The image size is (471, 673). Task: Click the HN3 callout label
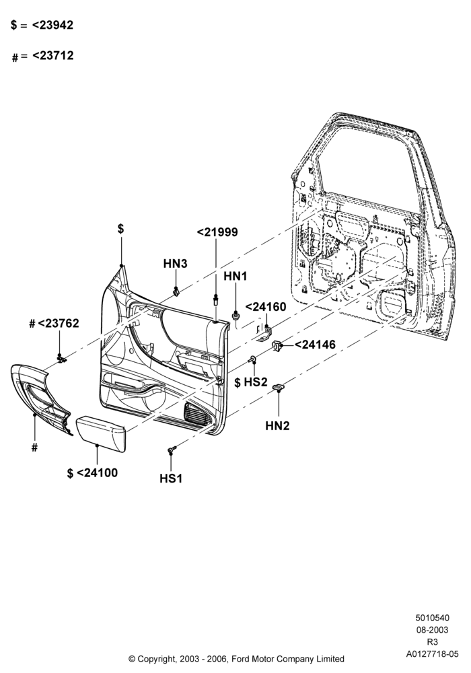pyautogui.click(x=175, y=264)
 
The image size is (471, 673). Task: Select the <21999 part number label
pyautogui.click(x=217, y=232)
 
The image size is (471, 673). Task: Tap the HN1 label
pyautogui.click(x=235, y=277)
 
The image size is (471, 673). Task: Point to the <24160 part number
pyautogui.click(x=266, y=307)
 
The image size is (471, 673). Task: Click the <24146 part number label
pyautogui.click(x=316, y=345)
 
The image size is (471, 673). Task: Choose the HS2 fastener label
pyautogui.click(x=256, y=382)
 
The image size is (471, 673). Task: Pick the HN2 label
pyautogui.click(x=277, y=426)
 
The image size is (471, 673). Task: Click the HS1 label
pyautogui.click(x=171, y=478)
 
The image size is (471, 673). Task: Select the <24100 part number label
pyautogui.click(x=97, y=473)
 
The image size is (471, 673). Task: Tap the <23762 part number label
pyautogui.click(x=59, y=323)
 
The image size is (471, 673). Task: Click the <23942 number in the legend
pyautogui.click(x=52, y=25)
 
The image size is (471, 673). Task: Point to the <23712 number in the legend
pyautogui.click(x=52, y=55)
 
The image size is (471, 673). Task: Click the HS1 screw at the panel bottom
pyautogui.click(x=172, y=450)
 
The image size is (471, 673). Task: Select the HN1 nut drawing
pyautogui.click(x=235, y=317)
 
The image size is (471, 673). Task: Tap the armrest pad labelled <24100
pyautogui.click(x=101, y=433)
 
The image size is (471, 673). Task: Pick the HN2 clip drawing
pyautogui.click(x=279, y=387)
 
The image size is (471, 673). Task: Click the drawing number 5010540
pyautogui.click(x=433, y=618)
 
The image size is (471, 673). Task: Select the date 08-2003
pyautogui.click(x=433, y=630)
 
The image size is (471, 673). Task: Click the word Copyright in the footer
pyautogui.click(x=157, y=659)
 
